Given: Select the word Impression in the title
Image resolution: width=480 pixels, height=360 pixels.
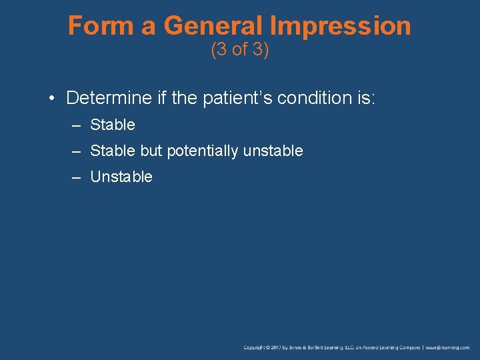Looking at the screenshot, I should coord(340,26).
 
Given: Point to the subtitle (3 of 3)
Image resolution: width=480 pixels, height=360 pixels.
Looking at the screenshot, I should coord(239,50).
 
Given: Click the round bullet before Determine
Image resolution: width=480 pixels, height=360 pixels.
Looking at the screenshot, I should coord(51,99).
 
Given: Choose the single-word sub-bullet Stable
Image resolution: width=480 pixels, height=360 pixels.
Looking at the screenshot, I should coord(112,125).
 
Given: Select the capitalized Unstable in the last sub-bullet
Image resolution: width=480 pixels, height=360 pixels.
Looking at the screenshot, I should coord(121,177).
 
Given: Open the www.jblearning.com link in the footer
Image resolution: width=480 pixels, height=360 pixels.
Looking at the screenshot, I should coord(447,348).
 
